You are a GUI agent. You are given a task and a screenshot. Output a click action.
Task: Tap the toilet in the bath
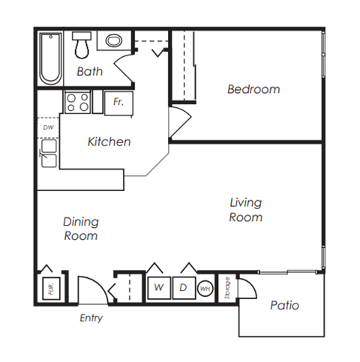pos(81,45)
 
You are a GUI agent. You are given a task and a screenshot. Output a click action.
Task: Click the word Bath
pos(89,73)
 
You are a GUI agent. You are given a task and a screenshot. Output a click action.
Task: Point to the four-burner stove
pos(77,101)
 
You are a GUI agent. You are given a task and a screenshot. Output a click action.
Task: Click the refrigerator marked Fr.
pos(118,101)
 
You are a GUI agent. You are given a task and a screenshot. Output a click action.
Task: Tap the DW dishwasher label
pos(47,127)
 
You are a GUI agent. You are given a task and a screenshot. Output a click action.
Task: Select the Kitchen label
pos(109,142)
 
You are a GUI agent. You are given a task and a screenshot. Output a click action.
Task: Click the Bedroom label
pos(253,89)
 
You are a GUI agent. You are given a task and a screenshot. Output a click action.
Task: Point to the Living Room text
pos(245,210)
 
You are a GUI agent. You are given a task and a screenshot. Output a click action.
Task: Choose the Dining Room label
pos(80,229)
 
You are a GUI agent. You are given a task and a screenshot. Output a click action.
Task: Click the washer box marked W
pos(159,287)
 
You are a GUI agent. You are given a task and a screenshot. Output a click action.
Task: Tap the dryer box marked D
pos(182,287)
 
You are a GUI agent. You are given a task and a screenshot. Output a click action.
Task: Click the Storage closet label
pos(226,289)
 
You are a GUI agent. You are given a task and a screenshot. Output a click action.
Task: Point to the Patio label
pos(283,305)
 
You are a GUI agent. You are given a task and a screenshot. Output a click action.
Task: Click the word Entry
pos(91,318)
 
